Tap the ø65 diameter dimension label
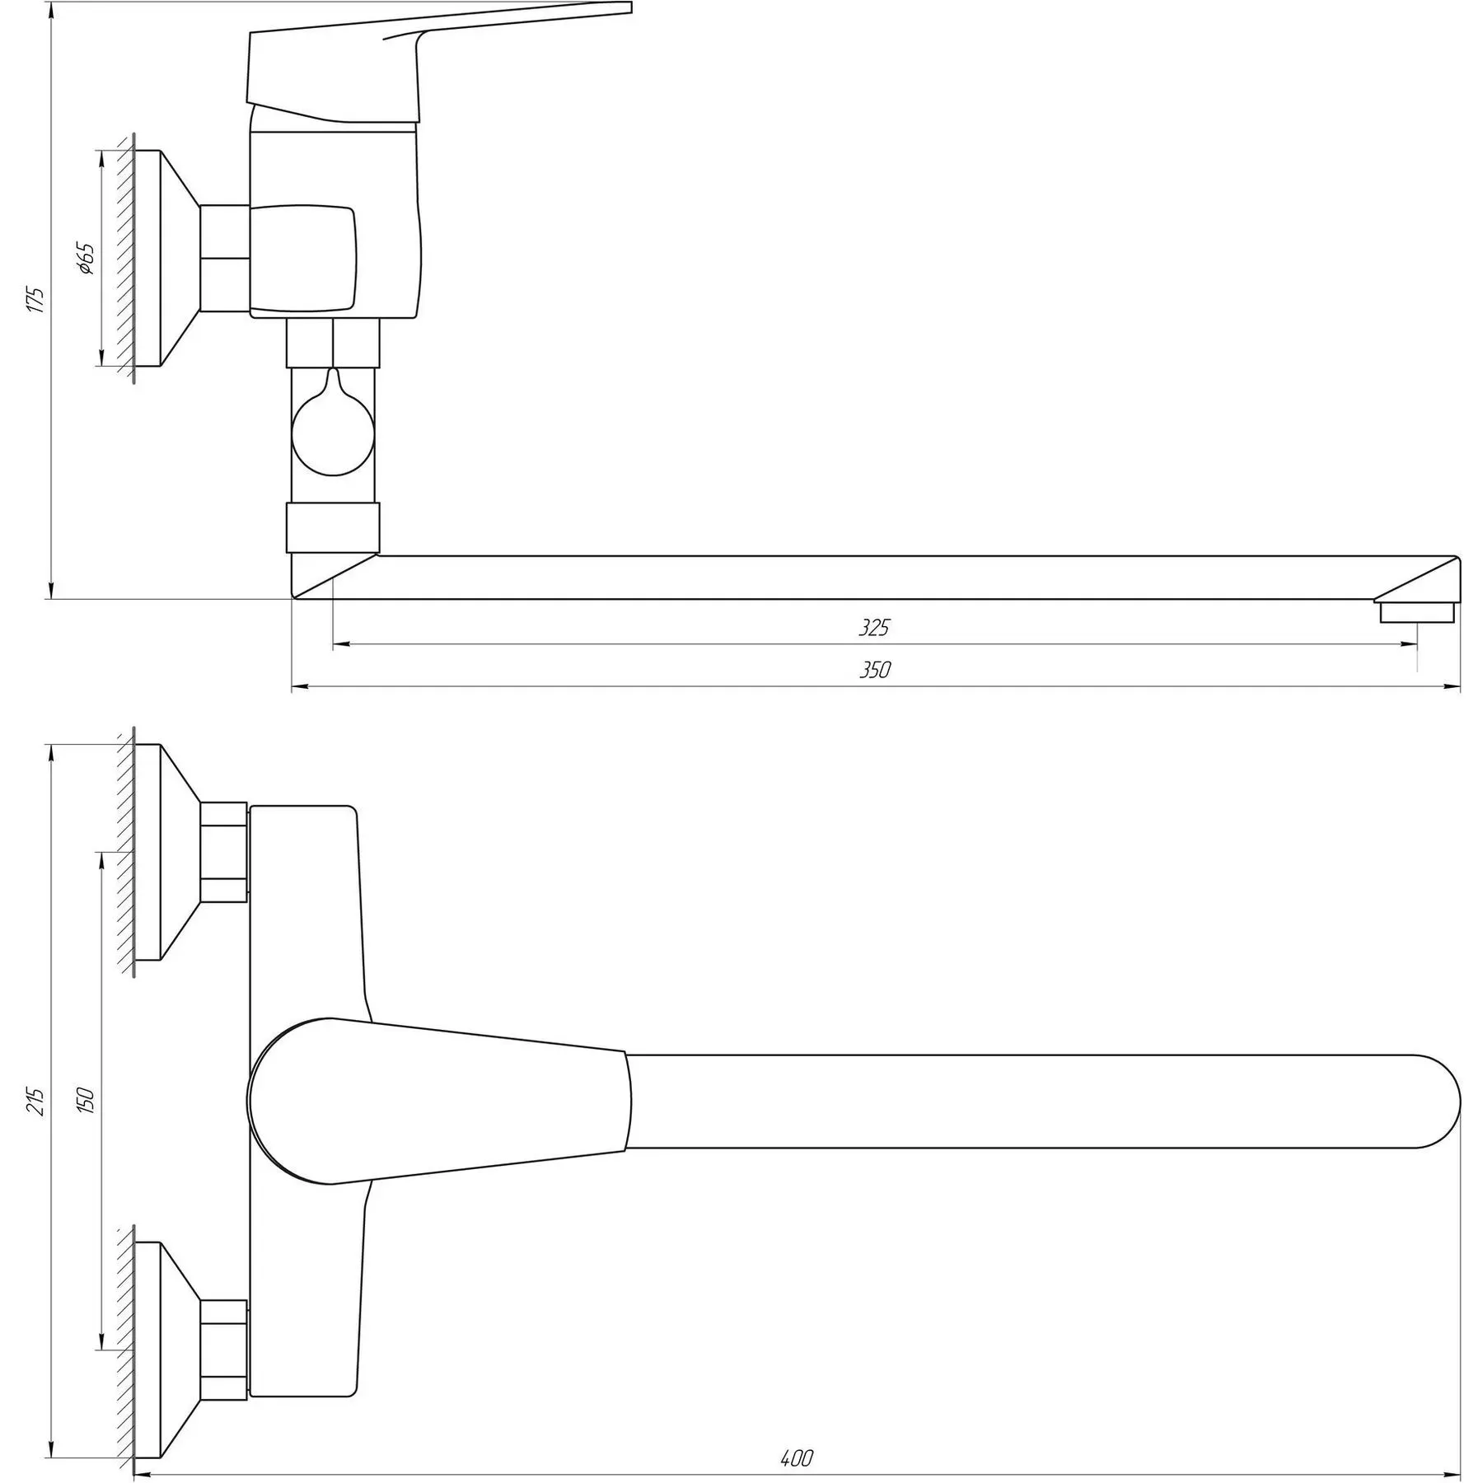pos(86,258)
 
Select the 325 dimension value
pos(874,628)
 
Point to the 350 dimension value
pos(875,670)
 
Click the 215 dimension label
pos(35,1101)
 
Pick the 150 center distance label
pos(86,1101)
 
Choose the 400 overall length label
pos(796,1435)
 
